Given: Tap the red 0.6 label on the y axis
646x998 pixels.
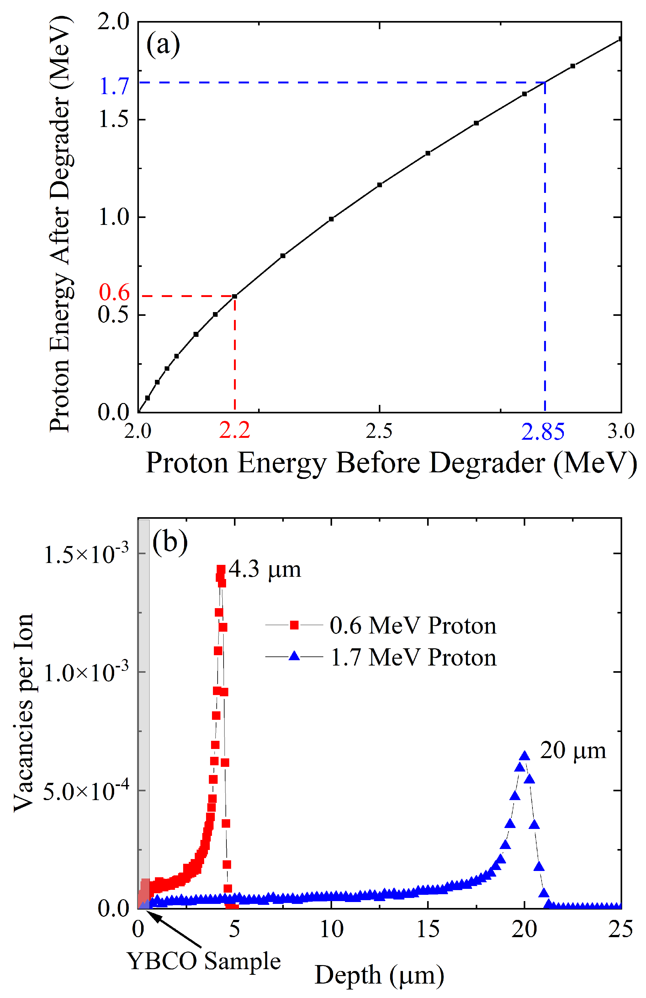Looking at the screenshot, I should coord(114,292).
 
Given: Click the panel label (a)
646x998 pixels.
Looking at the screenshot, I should coord(163,45).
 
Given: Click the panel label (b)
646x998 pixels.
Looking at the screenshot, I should coord(170,542).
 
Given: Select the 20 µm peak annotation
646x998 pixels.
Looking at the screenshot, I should coord(573,750).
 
